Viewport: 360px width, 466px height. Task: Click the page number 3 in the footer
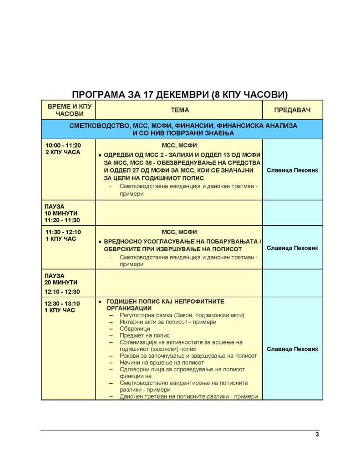click(x=317, y=434)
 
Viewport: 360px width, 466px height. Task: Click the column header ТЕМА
click(x=180, y=110)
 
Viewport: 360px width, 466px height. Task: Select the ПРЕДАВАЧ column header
click(x=292, y=110)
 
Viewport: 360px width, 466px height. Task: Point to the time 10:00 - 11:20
click(x=63, y=145)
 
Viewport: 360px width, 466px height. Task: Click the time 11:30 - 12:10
click(x=63, y=232)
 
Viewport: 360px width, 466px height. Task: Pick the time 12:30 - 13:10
click(x=62, y=304)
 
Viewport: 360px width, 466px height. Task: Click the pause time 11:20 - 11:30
click(x=62, y=220)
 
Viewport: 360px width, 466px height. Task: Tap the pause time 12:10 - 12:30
click(x=62, y=292)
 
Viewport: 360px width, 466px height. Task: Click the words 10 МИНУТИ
click(x=61, y=213)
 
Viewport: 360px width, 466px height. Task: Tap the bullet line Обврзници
click(x=135, y=329)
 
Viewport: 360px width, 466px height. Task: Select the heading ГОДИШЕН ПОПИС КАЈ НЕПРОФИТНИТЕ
click(x=165, y=302)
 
